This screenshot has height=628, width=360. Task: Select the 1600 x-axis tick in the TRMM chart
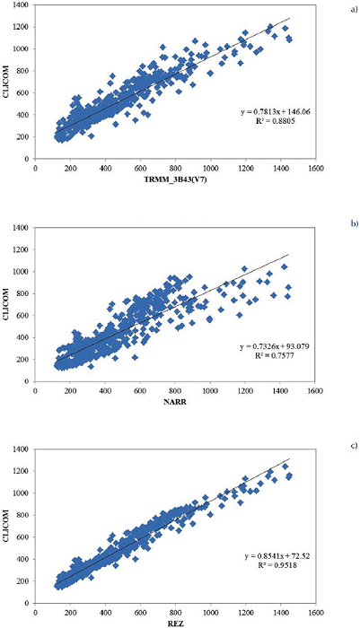pyautogui.click(x=313, y=168)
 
